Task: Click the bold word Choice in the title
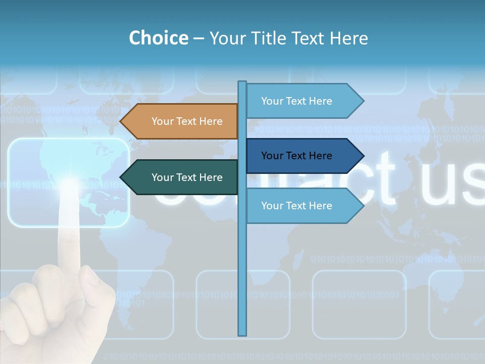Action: [x=158, y=38]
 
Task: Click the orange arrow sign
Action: [x=182, y=121]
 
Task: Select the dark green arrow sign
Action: [x=182, y=177]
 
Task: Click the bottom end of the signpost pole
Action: [x=243, y=334]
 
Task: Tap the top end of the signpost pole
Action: [x=243, y=82]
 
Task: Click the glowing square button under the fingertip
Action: [x=69, y=183]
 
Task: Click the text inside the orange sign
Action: [x=187, y=121]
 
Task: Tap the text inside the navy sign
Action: [x=297, y=156]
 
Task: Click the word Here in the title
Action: [x=349, y=38]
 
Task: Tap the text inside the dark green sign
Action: [x=187, y=177]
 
